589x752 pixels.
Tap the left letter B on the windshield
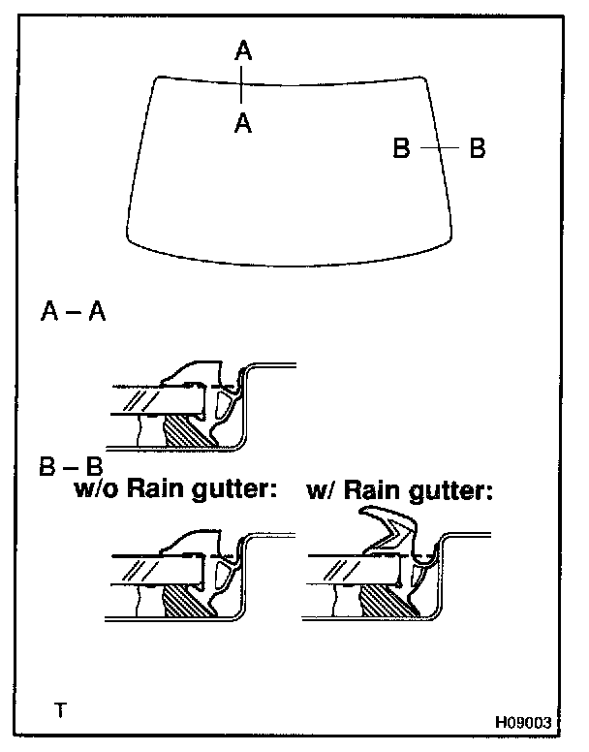pos(403,149)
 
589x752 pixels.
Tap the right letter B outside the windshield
pos(477,149)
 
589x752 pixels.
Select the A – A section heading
pos(74,312)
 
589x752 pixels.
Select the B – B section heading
pos(71,469)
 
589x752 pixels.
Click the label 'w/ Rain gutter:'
pos(400,491)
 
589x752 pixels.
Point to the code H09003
pos(523,722)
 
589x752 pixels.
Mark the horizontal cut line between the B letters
pos(440,149)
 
